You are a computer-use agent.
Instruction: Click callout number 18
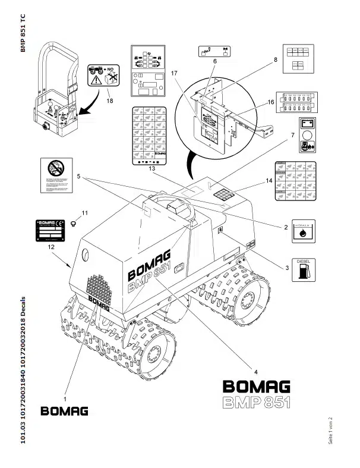108,100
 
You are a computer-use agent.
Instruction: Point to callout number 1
65,392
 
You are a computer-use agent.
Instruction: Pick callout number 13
151,169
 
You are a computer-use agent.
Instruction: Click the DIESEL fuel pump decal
303,269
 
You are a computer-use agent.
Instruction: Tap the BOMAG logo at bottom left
65,411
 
